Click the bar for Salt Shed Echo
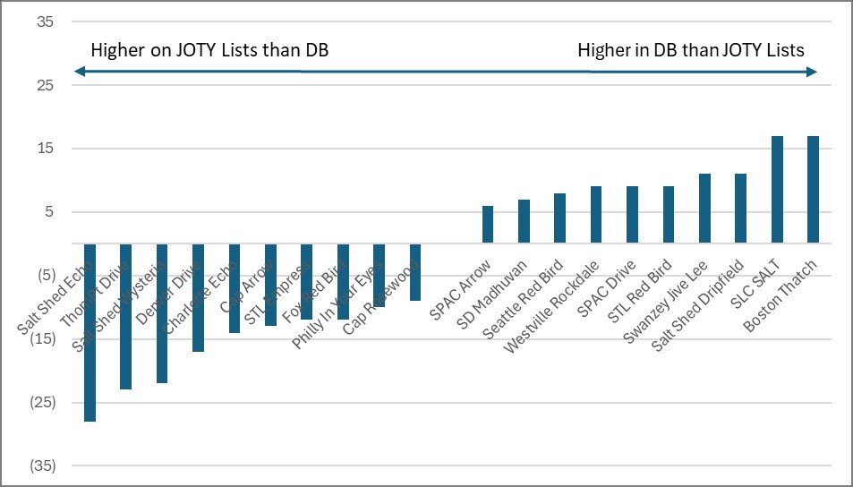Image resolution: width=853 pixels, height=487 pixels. (x=90, y=376)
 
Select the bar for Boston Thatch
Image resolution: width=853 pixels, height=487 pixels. (x=813, y=190)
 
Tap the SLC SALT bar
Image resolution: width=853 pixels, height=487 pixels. (x=777, y=190)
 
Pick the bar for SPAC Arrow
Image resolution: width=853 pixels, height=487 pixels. (x=488, y=225)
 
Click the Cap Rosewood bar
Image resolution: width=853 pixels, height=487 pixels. (x=415, y=272)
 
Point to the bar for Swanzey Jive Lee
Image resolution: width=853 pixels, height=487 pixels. (x=704, y=209)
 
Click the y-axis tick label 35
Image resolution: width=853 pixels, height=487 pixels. (x=44, y=21)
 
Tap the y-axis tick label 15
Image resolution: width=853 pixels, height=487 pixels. (x=44, y=149)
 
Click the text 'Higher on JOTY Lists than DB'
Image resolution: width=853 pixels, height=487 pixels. (x=209, y=50)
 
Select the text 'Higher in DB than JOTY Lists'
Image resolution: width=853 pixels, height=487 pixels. (x=691, y=50)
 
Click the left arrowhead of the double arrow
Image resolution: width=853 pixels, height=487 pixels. (x=79, y=72)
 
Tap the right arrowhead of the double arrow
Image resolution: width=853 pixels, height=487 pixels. (x=812, y=72)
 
